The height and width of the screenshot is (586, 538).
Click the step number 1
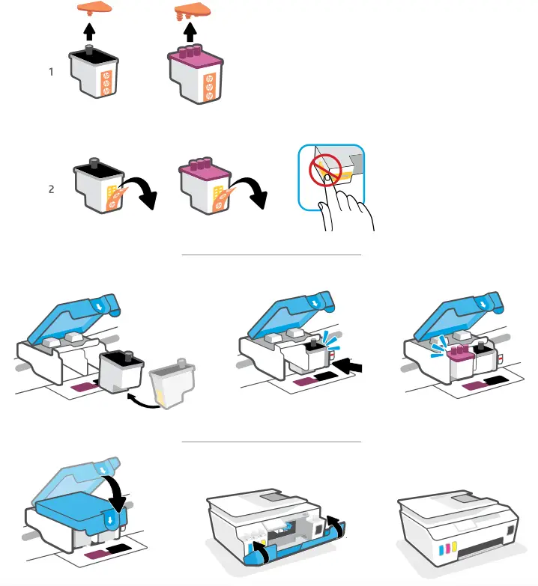pyautogui.click(x=51, y=73)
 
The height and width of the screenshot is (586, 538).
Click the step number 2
pyautogui.click(x=51, y=189)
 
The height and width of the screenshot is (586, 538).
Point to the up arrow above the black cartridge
pyautogui.click(x=90, y=32)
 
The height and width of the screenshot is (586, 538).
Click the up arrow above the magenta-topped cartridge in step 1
pyautogui.click(x=190, y=33)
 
